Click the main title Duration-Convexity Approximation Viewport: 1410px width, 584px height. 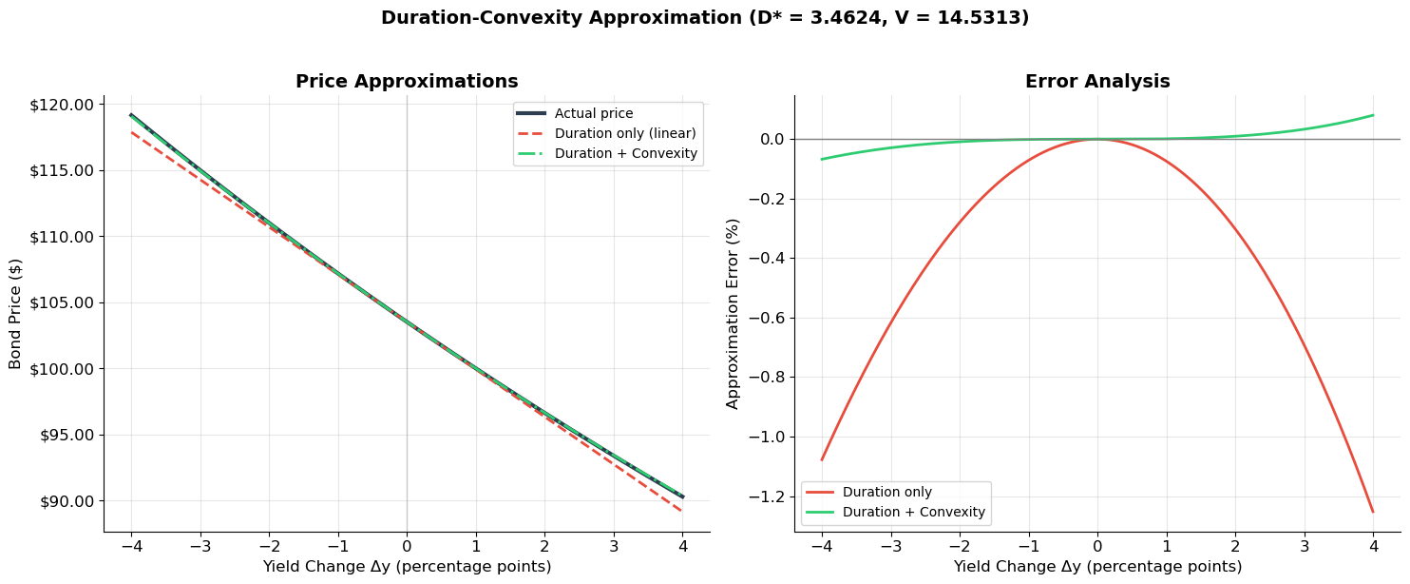point(704,18)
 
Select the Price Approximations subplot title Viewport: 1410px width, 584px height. point(407,82)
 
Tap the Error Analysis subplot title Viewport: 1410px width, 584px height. point(1097,82)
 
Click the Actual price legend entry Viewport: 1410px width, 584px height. point(594,114)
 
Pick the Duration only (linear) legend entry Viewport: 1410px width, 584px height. point(625,133)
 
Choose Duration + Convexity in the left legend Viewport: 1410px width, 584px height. point(625,153)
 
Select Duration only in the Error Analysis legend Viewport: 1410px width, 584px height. point(886,493)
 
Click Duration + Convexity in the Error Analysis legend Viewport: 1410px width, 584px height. point(913,513)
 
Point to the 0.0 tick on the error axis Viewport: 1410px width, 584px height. point(766,139)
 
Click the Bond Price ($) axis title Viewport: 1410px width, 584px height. point(16,313)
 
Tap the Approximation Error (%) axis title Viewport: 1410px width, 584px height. point(734,313)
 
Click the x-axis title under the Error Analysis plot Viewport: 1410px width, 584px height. point(1097,567)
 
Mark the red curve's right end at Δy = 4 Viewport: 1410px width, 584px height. point(1373,512)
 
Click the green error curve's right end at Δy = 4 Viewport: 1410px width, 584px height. point(1373,115)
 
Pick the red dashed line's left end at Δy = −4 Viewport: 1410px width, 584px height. point(131,132)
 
